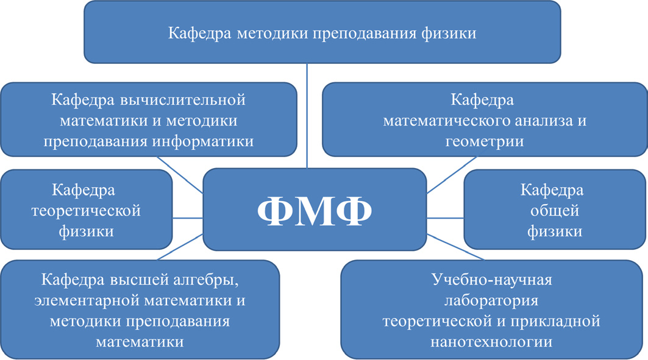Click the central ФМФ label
pyautogui.click(x=315, y=211)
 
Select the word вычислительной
pyautogui.click(x=183, y=100)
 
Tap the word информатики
pyautogui.click(x=202, y=141)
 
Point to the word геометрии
pyautogui.click(x=485, y=141)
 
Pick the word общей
pyautogui.click(x=555, y=211)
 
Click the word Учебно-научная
pyautogui.click(x=491, y=280)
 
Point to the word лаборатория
pyautogui.click(x=491, y=300)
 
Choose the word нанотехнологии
pyautogui.click(x=491, y=342)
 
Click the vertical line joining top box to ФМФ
pyautogui.click(x=307, y=116)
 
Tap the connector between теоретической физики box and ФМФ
pyautogui.click(x=187, y=217)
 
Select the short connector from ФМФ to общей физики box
pyautogui.click(x=445, y=217)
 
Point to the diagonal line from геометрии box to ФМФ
pyautogui.click(x=451, y=175)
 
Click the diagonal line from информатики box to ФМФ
pyautogui.click(x=180, y=175)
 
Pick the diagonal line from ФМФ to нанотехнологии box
pyautogui.click(x=455, y=247)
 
